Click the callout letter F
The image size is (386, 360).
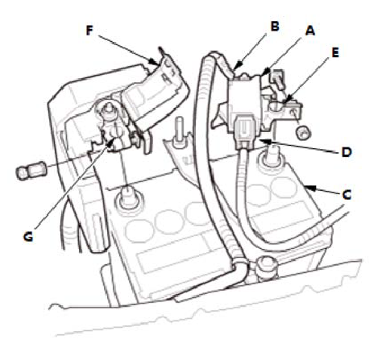pyautogui.click(x=89, y=31)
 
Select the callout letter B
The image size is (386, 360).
pyautogui.click(x=275, y=27)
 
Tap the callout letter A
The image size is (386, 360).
pyautogui.click(x=310, y=31)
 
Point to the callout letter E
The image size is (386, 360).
pyautogui.click(x=335, y=52)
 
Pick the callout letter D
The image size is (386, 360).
pyautogui.click(x=347, y=152)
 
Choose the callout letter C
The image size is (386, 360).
pyautogui.click(x=347, y=195)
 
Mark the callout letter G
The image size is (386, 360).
pyautogui.click(x=28, y=237)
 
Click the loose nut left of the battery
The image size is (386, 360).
pyautogui.click(x=31, y=171)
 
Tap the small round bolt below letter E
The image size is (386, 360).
pyautogui.click(x=302, y=132)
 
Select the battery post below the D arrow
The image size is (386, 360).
pyautogui.click(x=271, y=155)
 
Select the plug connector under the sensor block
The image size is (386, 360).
pyautogui.click(x=244, y=130)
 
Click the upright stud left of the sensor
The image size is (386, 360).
pyautogui.click(x=177, y=132)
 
